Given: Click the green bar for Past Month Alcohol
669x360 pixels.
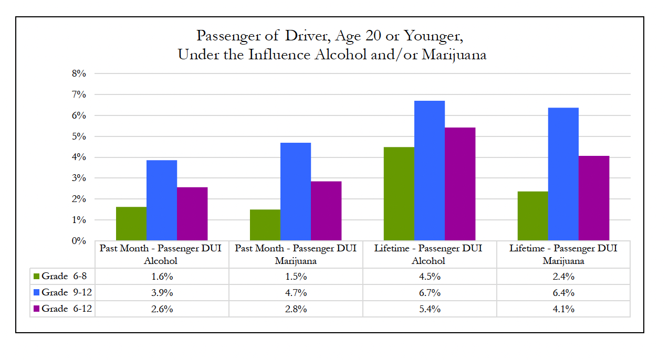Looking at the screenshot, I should click(131, 224).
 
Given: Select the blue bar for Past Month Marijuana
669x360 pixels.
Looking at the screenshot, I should click(296, 192).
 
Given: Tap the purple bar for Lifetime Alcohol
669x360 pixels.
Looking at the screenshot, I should click(460, 184).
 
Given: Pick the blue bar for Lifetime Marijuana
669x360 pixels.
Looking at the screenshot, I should click(563, 174).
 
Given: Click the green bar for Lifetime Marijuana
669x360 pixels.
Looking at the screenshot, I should click(532, 216).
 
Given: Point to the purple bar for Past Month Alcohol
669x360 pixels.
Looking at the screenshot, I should click(192, 214).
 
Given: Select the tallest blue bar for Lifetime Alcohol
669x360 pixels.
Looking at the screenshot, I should click(430, 171).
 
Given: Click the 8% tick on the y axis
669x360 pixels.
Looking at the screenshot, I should click(79, 73).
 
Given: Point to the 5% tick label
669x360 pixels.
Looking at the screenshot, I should click(79, 136).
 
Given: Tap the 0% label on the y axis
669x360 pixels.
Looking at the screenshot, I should click(79, 241).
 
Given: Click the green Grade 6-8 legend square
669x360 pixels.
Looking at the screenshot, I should click(37, 277).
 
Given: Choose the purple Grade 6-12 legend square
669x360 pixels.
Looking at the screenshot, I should click(37, 309).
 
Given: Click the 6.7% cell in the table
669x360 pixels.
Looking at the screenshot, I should click(430, 292).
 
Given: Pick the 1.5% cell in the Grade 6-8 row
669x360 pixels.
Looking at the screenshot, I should click(296, 277).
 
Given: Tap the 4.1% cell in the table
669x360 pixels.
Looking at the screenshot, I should click(563, 309).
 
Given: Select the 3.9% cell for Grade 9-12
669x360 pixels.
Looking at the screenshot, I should click(162, 292).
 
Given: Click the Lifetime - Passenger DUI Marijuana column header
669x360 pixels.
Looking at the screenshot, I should click(563, 255).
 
